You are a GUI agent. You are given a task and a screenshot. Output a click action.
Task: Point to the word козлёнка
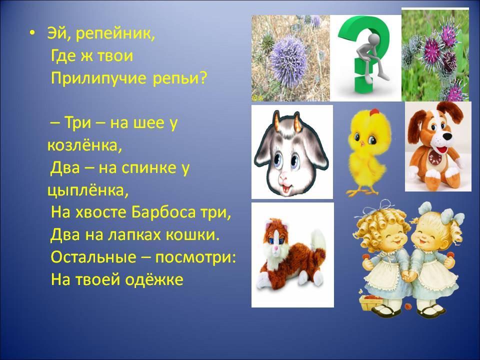84,145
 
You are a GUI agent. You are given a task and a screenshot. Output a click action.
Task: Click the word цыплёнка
87,190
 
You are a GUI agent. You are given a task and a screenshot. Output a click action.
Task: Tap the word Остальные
93,256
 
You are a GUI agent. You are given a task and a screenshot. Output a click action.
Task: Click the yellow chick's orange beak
363,143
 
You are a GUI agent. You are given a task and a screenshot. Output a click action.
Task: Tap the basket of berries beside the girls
370,301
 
